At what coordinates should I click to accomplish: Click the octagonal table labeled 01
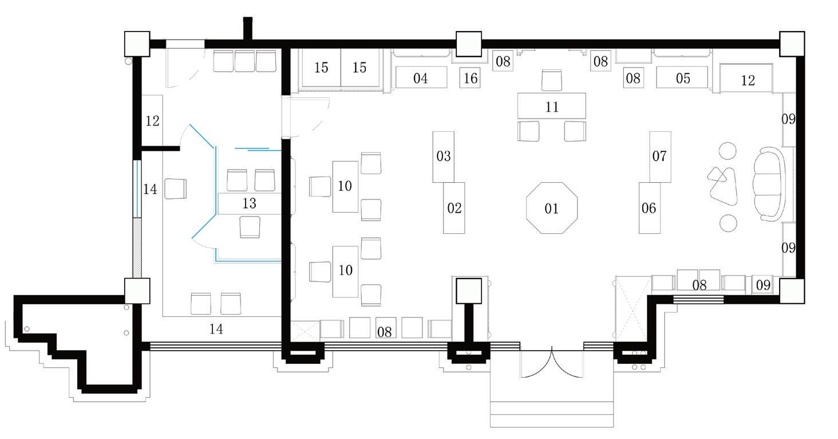coord(552,207)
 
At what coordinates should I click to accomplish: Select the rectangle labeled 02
coord(454,207)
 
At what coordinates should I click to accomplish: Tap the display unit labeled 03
coord(443,156)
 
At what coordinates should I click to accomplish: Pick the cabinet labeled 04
coord(421,77)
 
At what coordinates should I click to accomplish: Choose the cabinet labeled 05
coord(682,77)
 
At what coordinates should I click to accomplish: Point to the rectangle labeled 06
coord(649,207)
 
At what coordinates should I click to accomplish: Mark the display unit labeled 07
coord(660,156)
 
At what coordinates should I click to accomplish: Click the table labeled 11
coord(552,106)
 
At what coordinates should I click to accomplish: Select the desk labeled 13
coord(250,203)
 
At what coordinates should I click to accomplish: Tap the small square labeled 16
coord(471,78)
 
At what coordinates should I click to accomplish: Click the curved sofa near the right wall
coord(770,183)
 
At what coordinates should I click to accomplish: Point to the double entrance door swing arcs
coord(552,364)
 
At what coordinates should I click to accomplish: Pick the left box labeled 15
coord(321,67)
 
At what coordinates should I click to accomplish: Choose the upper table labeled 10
coord(345,187)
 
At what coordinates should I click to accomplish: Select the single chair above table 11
coord(552,80)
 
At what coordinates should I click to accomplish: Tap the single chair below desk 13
coord(250,226)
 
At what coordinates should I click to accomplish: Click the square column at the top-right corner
coord(792,44)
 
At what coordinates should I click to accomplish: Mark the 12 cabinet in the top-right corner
coord(746,79)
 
